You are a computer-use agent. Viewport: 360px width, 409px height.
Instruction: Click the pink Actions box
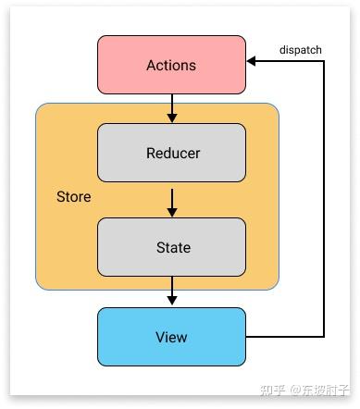pos(171,65)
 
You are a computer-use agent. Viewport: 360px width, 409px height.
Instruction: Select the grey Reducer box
pos(171,153)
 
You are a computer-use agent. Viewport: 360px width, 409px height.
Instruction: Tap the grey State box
pos(171,247)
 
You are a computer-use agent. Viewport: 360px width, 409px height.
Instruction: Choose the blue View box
pos(171,337)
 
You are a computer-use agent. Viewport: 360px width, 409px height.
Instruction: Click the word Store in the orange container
pos(74,198)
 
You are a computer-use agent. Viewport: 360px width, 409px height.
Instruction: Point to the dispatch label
pos(300,49)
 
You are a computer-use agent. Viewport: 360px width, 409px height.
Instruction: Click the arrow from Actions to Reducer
pos(171,108)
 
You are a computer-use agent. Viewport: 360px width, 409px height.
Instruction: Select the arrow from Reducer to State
pos(171,201)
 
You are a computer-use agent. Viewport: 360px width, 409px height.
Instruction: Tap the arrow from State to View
pos(171,292)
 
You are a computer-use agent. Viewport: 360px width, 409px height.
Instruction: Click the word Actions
pos(171,66)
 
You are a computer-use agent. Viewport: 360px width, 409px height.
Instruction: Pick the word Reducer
pos(172,153)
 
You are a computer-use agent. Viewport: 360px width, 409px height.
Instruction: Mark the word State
pos(172,247)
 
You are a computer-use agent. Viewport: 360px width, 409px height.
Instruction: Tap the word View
pos(172,337)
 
